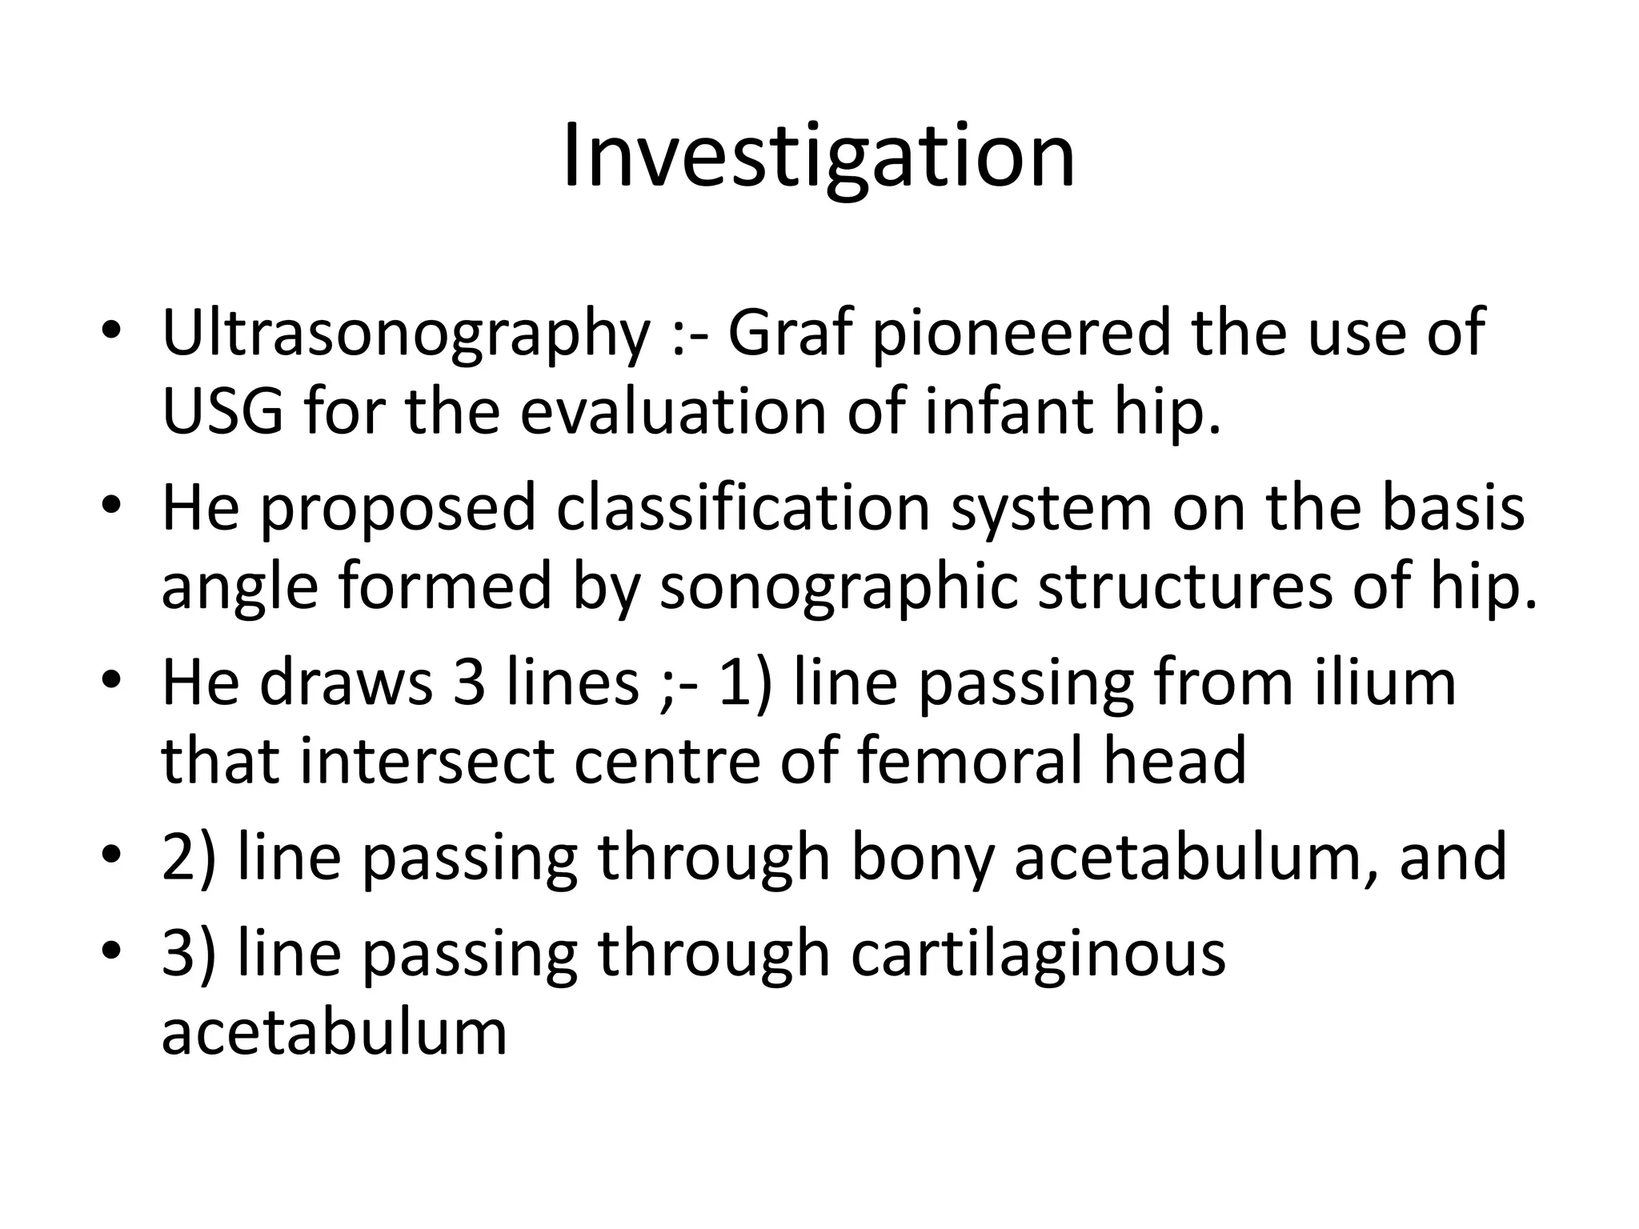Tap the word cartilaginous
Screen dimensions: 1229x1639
pos(1038,955)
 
